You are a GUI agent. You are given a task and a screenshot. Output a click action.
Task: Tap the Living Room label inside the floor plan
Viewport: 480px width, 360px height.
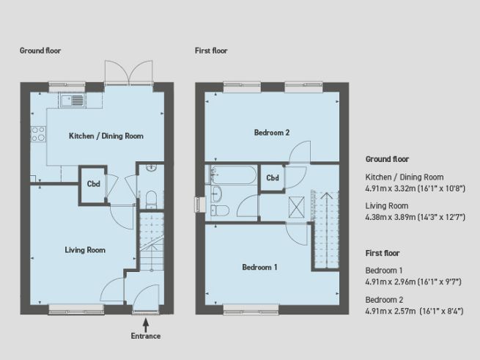pos(85,250)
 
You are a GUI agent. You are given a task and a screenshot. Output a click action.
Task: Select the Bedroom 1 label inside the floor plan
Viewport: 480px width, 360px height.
pos(259,268)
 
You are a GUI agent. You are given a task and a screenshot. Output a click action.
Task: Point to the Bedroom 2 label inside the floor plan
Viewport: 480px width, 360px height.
pos(272,133)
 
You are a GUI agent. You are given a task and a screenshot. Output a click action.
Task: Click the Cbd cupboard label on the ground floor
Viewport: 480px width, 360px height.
pos(93,184)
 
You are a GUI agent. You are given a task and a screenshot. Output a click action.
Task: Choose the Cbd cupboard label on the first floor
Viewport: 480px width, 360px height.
pos(273,178)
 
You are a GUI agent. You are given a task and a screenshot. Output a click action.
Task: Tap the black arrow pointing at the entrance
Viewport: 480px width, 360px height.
pos(145,321)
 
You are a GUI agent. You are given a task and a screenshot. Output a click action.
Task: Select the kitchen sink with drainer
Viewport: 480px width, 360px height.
pos(73,100)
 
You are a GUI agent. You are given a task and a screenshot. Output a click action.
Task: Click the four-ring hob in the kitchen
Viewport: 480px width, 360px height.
pos(38,134)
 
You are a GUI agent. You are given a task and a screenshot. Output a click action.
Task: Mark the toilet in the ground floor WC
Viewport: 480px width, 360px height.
pos(150,197)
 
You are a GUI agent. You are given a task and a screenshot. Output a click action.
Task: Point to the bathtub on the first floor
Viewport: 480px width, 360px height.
pos(232,177)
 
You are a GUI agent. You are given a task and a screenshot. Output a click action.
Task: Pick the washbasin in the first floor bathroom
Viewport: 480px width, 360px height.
pos(216,193)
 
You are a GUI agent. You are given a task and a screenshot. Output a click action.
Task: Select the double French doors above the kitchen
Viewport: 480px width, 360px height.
pos(129,72)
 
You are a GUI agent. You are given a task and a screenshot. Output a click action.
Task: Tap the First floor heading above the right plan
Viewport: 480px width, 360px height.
pos(211,51)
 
